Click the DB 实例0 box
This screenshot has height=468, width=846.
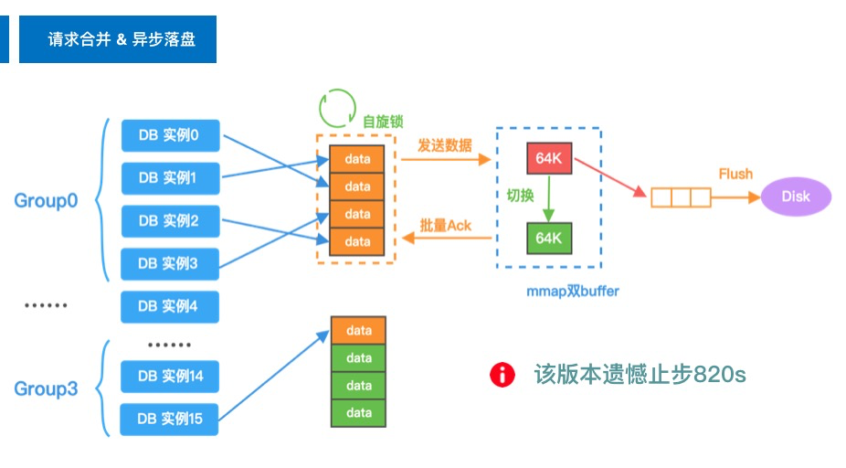click(x=170, y=136)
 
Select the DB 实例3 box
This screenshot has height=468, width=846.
click(x=170, y=263)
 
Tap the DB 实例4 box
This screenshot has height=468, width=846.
click(x=170, y=306)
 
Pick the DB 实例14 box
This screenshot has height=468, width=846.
click(x=170, y=377)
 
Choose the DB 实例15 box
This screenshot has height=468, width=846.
click(x=170, y=419)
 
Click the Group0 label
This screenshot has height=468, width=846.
click(x=46, y=201)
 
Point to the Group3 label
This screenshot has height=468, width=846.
click(x=46, y=389)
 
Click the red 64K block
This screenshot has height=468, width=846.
click(x=549, y=158)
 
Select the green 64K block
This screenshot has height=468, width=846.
click(x=549, y=238)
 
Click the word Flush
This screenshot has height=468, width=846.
click(x=735, y=174)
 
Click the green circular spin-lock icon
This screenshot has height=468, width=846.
click(x=336, y=107)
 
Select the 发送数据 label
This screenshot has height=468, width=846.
click(x=445, y=145)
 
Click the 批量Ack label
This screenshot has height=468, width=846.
click(x=445, y=225)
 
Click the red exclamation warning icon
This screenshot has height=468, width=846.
click(x=502, y=374)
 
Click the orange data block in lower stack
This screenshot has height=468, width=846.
click(x=358, y=330)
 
